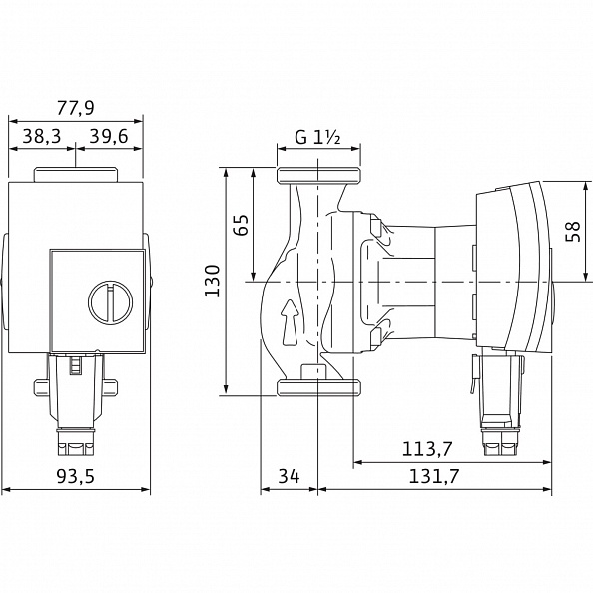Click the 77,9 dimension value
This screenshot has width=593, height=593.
(x=75, y=108)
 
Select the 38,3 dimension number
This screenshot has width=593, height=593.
(x=42, y=136)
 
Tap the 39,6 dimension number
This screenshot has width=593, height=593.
(x=109, y=136)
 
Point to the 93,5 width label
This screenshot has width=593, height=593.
(x=75, y=476)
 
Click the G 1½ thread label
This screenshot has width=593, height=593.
(x=317, y=138)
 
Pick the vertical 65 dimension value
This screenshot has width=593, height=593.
(x=241, y=225)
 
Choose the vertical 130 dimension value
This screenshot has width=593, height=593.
(x=212, y=281)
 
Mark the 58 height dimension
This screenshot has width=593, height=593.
(x=573, y=231)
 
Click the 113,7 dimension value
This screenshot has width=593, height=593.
(x=427, y=449)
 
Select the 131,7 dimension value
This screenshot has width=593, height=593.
(x=434, y=476)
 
